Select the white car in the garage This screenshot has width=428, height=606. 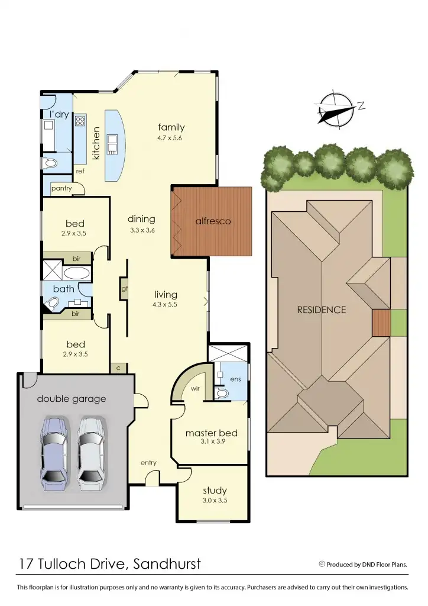click(x=91, y=449)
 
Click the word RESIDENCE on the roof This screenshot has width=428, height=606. click(x=322, y=310)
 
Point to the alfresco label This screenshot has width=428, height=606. click(x=213, y=221)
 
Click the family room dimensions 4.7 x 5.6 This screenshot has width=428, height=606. click(x=171, y=139)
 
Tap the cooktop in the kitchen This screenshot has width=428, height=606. click(x=80, y=124)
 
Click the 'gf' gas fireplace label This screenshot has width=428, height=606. click(x=125, y=289)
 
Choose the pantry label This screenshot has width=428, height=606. click(x=61, y=189)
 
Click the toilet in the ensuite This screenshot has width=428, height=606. click(x=222, y=393)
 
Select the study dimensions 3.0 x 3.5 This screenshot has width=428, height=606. click(x=215, y=500)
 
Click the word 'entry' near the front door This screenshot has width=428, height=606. click(x=148, y=462)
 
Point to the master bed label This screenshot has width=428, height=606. click(x=211, y=433)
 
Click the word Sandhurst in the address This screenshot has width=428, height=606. click(x=166, y=564)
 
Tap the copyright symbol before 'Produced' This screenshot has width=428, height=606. click(x=322, y=564)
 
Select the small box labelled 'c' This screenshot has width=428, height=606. click(x=118, y=368)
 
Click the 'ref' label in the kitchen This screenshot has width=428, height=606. click(x=80, y=170)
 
